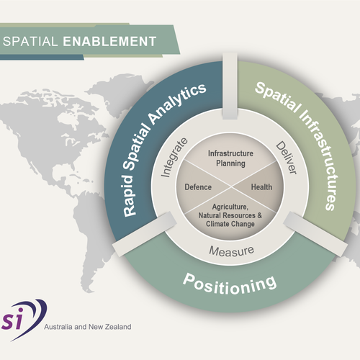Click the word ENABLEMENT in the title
click(x=109, y=40)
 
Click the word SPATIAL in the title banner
click(x=32, y=40)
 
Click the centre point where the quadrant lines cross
click(x=229, y=186)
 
